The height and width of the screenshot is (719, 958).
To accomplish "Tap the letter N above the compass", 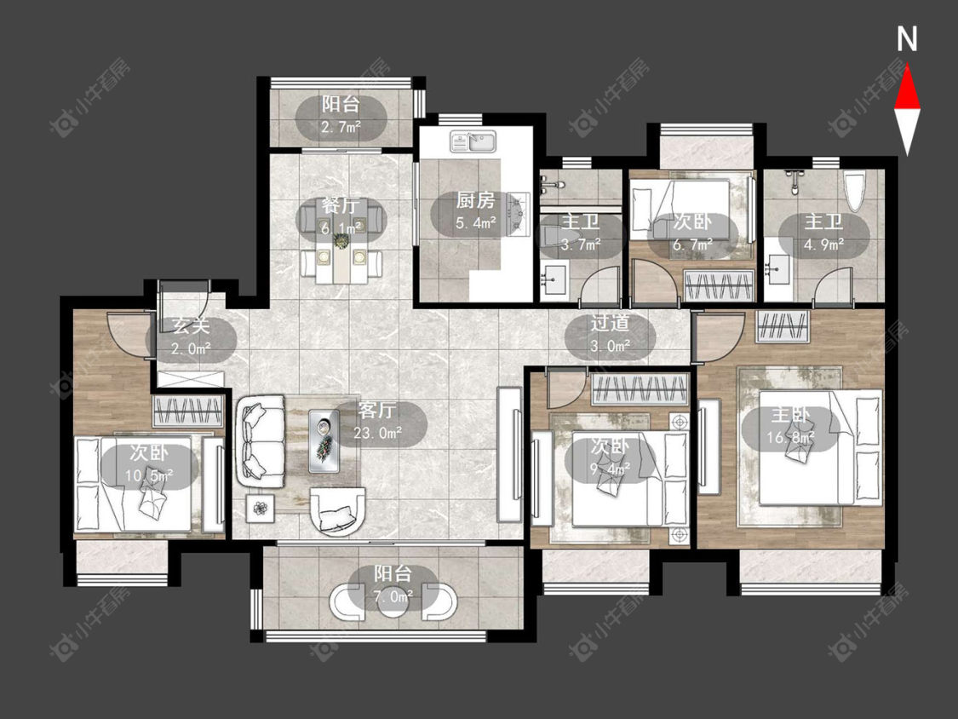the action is click(x=907, y=38).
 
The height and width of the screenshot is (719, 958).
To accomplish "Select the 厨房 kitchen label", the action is click(x=475, y=200).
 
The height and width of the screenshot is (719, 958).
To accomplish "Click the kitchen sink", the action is click(x=473, y=141).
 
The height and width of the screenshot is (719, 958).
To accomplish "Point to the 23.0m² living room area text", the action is click(x=377, y=433).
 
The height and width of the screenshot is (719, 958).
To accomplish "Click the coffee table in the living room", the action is click(x=324, y=440).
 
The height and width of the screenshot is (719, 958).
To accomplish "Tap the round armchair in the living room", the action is click(x=338, y=511).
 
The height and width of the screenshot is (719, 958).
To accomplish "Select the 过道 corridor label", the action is click(x=610, y=323).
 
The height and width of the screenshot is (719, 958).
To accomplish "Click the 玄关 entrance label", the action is click(x=192, y=325).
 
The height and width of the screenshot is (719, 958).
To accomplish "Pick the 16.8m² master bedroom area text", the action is click(x=790, y=438).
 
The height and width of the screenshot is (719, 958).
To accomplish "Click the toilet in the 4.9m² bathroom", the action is click(x=855, y=190).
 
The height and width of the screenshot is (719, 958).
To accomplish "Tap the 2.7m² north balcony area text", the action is click(x=341, y=127).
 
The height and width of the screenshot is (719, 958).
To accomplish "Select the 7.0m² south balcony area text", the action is click(x=393, y=595).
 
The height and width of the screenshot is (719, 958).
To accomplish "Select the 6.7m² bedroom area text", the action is click(x=693, y=244).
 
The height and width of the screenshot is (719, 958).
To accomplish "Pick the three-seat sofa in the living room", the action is click(x=261, y=440).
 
